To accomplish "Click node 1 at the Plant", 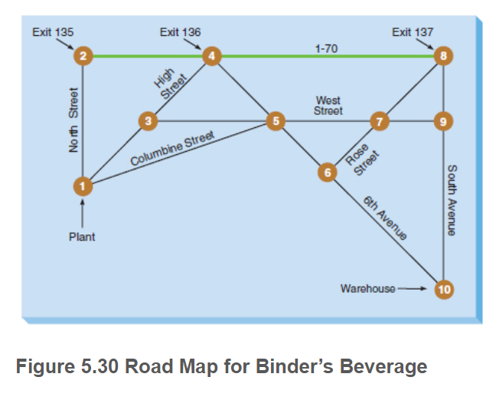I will tap(83, 185).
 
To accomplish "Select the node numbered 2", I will tap(83, 56).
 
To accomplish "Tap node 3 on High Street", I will tap(148, 120).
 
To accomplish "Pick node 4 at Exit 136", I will tap(211, 56).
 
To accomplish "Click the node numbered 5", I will tap(275, 120).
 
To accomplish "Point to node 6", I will tap(328, 172).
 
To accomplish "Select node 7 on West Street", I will tap(380, 120).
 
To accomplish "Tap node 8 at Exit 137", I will tap(443, 56).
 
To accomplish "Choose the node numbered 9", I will tap(443, 120).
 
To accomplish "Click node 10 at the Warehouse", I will tap(443, 289).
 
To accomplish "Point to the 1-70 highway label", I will tap(327, 48).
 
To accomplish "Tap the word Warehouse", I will tap(368, 289).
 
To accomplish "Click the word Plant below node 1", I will tap(82, 237).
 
